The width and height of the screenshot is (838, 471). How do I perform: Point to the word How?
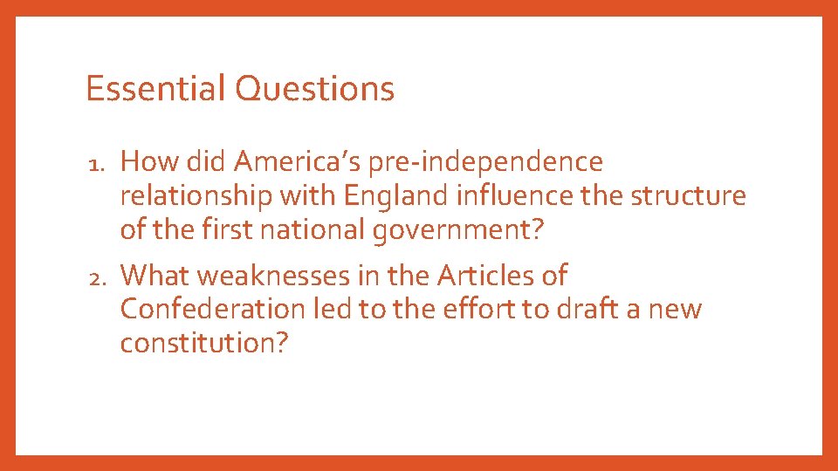(144, 162)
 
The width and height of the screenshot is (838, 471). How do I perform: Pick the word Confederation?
(210, 310)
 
